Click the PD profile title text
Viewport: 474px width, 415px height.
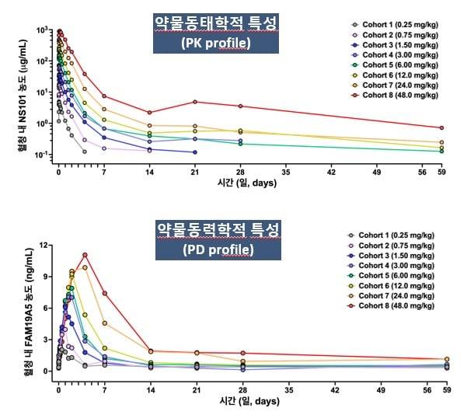pos(218,249)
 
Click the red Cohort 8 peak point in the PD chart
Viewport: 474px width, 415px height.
pos(85,255)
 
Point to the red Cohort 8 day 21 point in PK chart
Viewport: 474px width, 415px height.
pos(195,102)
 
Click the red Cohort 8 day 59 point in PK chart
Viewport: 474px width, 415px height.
pos(441,127)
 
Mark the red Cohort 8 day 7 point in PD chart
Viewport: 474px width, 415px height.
pos(104,294)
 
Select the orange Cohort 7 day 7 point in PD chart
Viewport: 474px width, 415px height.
pos(104,323)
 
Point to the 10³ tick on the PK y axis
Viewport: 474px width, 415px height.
pos(43,30)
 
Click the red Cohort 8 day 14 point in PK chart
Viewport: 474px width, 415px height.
pos(149,113)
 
